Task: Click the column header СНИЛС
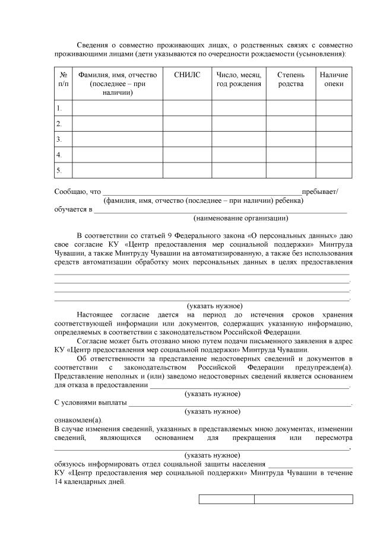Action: click(188, 75)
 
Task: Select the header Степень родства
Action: click(290, 79)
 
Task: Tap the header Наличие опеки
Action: click(333, 79)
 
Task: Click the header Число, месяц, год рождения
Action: click(239, 79)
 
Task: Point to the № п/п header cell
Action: click(63, 79)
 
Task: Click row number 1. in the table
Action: click(59, 108)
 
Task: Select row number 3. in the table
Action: click(59, 139)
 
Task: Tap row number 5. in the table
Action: click(59, 171)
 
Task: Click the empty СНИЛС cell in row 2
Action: click(188, 123)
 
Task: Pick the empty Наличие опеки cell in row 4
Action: click(333, 155)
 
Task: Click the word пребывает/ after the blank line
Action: click(320, 192)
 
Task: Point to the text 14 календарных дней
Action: click(90, 483)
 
